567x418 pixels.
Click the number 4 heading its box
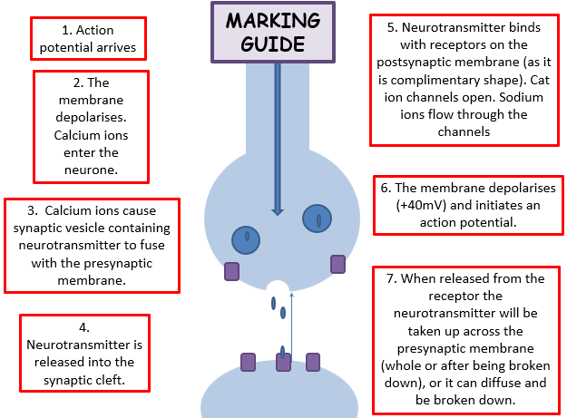[83, 328]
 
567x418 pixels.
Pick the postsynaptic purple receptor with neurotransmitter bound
[283, 363]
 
